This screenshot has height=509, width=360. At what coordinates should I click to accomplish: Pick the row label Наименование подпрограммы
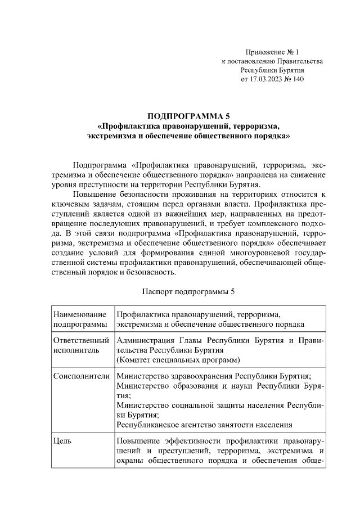79,319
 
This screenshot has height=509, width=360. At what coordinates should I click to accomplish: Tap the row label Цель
61,442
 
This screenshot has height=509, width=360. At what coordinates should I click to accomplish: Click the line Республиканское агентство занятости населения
204,425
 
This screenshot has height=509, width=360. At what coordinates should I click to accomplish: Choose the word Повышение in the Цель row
138,442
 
